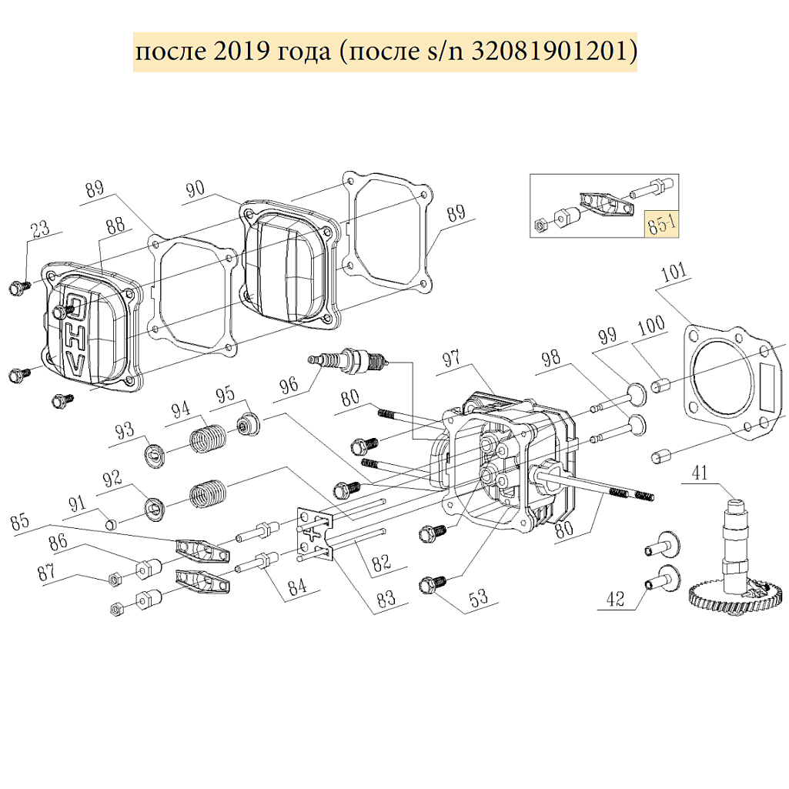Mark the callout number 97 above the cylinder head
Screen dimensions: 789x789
(451, 359)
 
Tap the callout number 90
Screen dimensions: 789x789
(195, 189)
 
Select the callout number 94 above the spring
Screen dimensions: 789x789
(181, 410)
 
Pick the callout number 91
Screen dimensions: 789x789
(78, 505)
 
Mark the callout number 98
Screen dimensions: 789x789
(550, 358)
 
